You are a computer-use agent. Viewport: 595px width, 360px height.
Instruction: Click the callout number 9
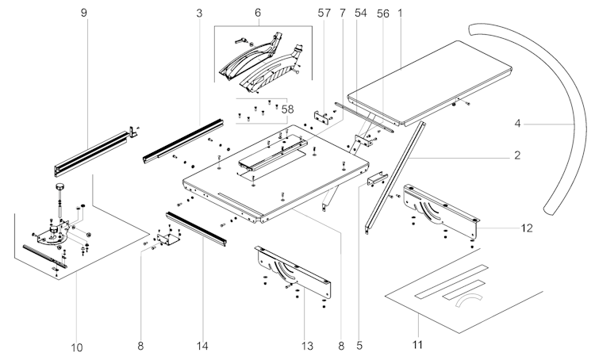tap(83, 13)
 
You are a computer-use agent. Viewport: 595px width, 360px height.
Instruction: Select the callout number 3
tap(199, 13)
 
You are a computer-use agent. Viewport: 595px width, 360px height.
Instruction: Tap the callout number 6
tap(257, 13)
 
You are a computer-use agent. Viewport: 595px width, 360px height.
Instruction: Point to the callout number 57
tap(322, 13)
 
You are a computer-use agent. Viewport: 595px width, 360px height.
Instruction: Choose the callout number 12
tap(526, 228)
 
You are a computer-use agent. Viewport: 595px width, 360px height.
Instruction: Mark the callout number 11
tap(417, 345)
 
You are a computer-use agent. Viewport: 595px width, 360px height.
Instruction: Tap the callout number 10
tap(76, 347)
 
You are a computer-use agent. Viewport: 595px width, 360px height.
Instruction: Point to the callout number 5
tap(359, 346)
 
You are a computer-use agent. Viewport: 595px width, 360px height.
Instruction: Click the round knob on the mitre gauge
tap(60, 187)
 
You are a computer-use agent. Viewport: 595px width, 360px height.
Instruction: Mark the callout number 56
tap(382, 13)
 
